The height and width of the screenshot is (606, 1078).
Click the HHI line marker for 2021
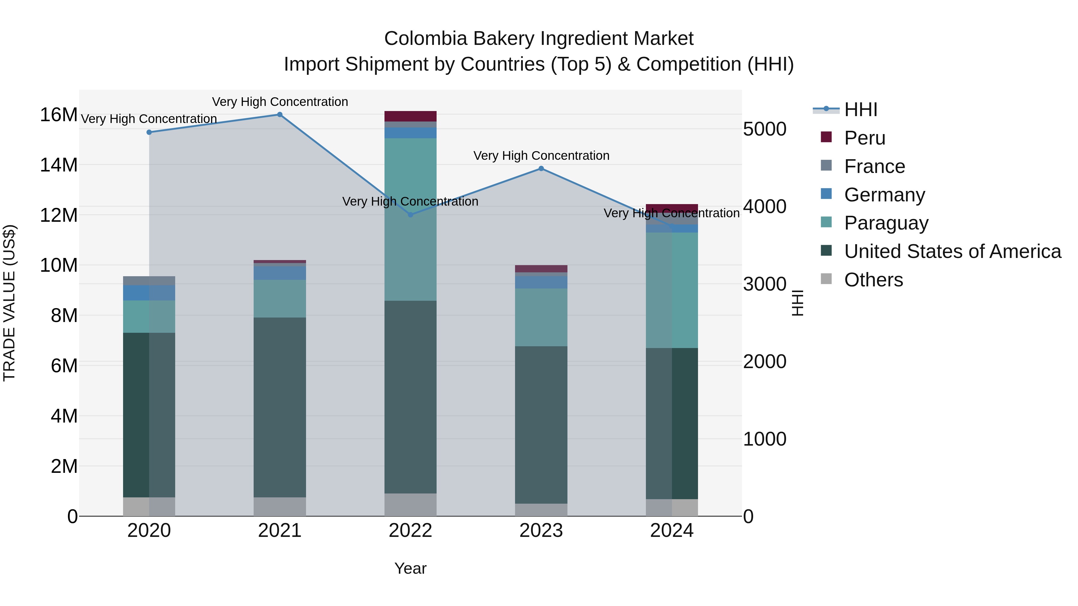pos(280,115)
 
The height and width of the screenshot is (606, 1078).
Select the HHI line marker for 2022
pos(411,215)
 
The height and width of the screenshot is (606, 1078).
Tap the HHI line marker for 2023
pos(541,168)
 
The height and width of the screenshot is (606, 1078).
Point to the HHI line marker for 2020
pos(149,132)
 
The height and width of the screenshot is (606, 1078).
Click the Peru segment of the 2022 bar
pos(411,116)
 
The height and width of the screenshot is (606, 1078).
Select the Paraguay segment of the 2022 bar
pos(411,220)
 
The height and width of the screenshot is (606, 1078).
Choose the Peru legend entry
pos(864,138)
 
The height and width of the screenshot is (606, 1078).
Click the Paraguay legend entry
pos(886,223)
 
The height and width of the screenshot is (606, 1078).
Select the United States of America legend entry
pos(953,251)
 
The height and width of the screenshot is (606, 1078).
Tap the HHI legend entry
pos(860,110)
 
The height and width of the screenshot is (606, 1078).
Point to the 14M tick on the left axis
pos(59,165)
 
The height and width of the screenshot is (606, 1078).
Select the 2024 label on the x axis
pos(672,531)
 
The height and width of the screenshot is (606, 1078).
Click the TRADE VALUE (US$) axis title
pos(9,303)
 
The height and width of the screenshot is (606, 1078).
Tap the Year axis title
pos(410,568)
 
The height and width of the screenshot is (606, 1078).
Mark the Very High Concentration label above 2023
pos(541,156)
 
